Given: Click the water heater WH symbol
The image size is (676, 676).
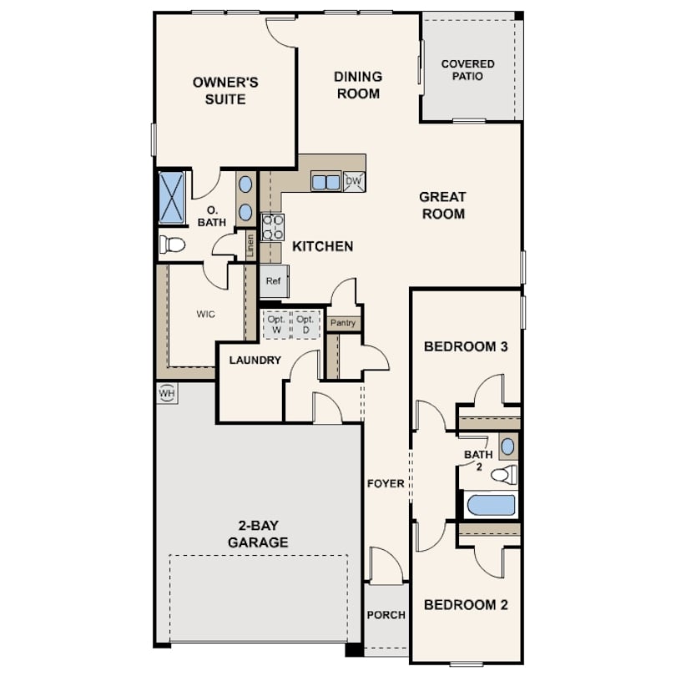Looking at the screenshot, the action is click(167, 393).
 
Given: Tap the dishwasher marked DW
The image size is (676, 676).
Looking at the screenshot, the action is click(354, 181).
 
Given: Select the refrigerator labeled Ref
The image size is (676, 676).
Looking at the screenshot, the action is click(275, 281).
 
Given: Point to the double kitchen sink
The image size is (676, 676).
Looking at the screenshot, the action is click(326, 182).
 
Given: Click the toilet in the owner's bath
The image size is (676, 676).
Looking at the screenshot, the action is click(173, 245).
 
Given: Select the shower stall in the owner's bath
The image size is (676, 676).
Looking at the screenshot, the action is click(172, 198).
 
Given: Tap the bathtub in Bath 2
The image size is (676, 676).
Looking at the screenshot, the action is click(492, 505).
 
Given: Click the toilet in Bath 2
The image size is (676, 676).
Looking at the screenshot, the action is click(504, 475).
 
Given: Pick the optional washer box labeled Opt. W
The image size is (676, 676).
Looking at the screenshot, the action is click(276, 325).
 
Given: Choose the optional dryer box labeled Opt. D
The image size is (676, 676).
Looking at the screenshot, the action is click(305, 325).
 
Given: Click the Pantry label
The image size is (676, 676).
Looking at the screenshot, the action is click(343, 323).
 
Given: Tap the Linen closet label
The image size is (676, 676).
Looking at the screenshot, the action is click(250, 246).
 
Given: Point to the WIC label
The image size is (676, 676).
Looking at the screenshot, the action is click(205, 315).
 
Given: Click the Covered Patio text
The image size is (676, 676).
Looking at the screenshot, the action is click(467, 70).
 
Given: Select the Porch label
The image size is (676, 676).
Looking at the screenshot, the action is click(386, 615).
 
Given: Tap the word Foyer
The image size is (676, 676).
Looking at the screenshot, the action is click(386, 484).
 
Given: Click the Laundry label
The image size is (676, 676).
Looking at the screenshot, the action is click(255, 360).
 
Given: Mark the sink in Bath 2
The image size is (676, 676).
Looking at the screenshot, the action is click(508, 446).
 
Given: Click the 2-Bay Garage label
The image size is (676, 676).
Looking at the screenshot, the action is click(258, 534).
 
